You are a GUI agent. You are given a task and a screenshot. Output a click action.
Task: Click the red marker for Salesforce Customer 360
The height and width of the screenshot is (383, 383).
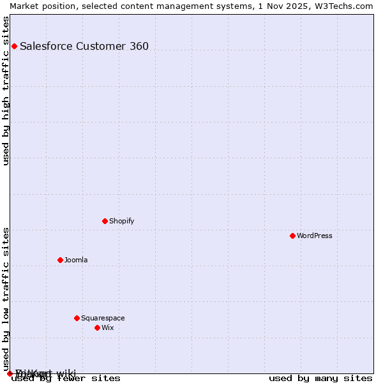(14, 46)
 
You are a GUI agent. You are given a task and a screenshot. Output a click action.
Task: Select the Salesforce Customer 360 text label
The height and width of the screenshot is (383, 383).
(84, 46)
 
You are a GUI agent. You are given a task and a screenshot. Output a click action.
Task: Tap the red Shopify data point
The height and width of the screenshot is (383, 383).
(105, 221)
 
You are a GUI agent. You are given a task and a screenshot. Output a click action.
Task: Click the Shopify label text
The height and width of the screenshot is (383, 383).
(121, 221)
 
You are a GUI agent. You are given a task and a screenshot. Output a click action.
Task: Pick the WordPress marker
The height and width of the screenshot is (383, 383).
(292, 236)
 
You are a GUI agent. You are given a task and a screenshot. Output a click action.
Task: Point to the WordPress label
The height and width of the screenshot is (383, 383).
(314, 236)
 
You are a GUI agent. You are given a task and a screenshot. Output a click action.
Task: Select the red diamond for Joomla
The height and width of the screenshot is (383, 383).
(60, 260)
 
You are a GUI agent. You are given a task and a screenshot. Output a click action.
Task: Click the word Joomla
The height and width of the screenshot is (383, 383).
(76, 260)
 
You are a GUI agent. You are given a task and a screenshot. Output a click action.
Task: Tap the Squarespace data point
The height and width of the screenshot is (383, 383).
(77, 318)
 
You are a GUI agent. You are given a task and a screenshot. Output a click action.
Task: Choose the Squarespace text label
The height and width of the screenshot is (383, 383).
(103, 318)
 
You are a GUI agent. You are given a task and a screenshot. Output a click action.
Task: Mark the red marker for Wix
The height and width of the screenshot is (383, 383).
(97, 327)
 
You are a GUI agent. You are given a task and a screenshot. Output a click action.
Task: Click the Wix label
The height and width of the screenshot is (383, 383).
(107, 327)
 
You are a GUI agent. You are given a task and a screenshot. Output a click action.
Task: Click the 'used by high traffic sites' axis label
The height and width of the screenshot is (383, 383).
(6, 91)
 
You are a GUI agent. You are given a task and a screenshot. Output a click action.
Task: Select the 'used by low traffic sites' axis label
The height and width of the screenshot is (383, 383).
(6, 299)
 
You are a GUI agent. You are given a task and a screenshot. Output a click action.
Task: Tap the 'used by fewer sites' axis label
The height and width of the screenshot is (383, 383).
(66, 378)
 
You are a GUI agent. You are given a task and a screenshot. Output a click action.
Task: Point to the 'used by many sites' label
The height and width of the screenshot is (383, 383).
(320, 378)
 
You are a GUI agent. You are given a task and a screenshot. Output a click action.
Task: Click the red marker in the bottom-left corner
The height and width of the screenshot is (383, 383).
(10, 373)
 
